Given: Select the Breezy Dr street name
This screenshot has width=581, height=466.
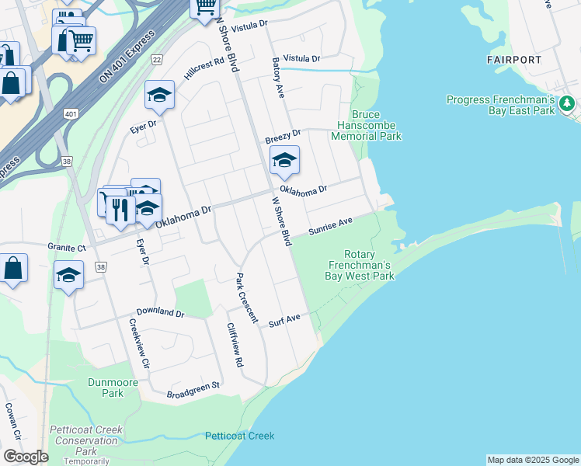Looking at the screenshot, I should point(283,137).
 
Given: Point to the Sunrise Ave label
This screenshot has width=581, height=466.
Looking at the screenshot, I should point(330,226).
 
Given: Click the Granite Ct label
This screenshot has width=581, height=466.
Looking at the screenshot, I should point(66,247).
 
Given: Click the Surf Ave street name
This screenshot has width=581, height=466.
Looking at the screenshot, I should point(284,321).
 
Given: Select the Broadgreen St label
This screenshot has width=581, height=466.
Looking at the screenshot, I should point(194,390).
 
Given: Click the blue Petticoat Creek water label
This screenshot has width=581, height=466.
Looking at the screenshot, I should point(240,436).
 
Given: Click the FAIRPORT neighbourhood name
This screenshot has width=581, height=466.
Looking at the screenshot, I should point(514,60).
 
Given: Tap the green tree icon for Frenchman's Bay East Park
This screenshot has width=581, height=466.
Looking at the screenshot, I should point(567,103).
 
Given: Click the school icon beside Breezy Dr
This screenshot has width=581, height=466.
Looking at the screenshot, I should point(284,161).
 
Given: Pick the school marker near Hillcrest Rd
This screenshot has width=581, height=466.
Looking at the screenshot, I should point(160,95).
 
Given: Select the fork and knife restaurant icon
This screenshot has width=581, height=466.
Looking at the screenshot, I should point(120,209).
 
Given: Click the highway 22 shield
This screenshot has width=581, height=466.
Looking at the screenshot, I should point(157,60).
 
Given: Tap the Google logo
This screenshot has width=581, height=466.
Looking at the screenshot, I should point(26,457).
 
